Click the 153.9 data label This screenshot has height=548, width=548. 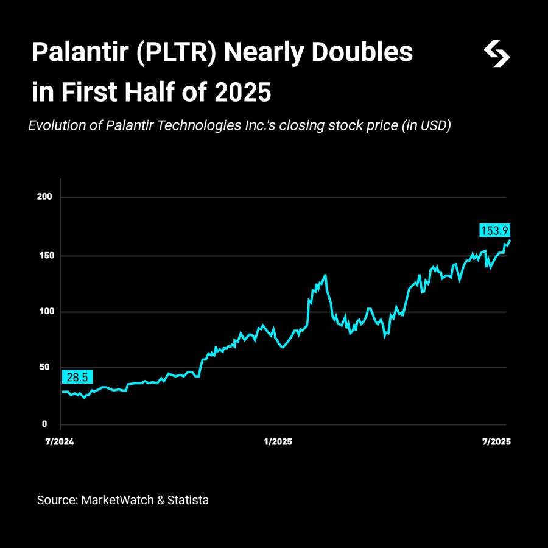[x=494, y=231]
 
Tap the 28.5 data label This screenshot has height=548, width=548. [x=77, y=378]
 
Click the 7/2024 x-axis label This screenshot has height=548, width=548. [x=60, y=442]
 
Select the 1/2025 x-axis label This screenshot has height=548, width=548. [x=278, y=442]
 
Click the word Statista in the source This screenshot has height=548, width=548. [x=188, y=500]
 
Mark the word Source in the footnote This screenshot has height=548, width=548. [x=56, y=500]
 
